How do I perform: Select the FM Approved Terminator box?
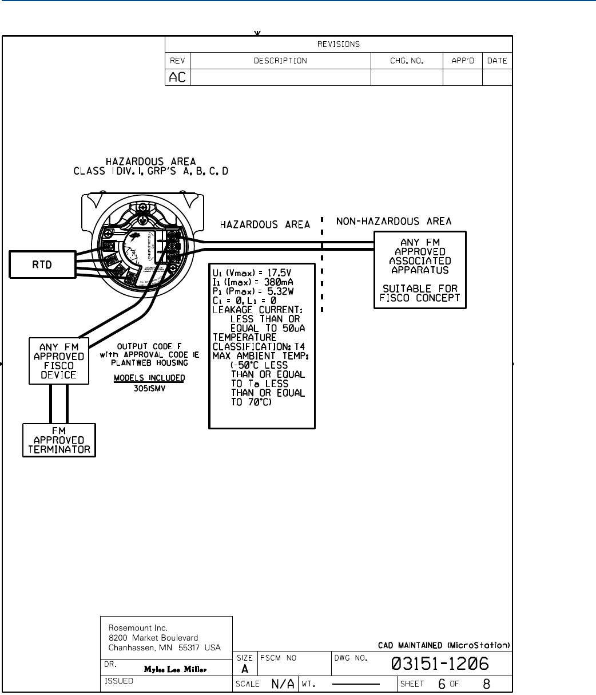click(59, 440)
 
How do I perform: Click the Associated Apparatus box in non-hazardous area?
click(420, 270)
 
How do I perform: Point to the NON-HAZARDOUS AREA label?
click(394, 221)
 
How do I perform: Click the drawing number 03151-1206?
click(440, 664)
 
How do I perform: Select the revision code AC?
click(177, 77)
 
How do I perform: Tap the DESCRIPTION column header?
click(280, 61)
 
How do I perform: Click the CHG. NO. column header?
click(407, 61)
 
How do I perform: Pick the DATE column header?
click(497, 61)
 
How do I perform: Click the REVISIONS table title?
click(339, 44)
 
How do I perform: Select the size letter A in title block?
click(244, 668)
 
